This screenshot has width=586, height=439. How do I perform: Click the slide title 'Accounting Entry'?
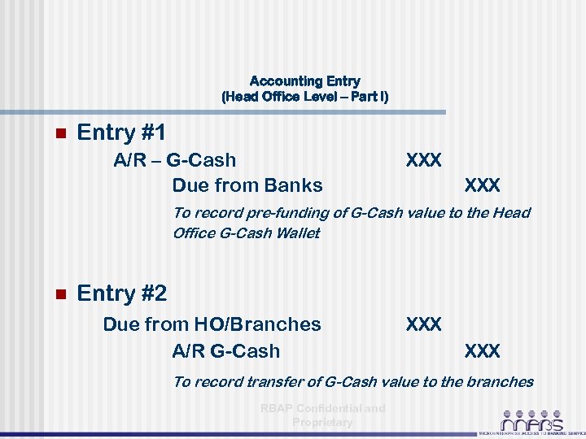point(304,81)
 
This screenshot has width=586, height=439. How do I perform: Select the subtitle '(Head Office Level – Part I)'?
point(304,97)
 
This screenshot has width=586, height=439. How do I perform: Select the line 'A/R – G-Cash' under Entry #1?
point(174,160)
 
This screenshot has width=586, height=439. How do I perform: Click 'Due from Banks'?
point(247,185)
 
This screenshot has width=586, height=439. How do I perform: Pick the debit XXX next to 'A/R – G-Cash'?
point(423,160)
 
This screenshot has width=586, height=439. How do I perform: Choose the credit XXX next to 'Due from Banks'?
point(482,185)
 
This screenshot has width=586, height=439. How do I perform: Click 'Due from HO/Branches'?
point(212,324)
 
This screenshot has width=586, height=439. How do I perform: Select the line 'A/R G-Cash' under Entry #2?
point(225,351)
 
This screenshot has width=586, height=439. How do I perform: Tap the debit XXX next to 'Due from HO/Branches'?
point(423,324)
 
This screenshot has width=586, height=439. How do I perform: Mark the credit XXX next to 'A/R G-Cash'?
point(482,351)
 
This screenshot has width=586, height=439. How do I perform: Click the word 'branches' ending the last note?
point(501,382)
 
